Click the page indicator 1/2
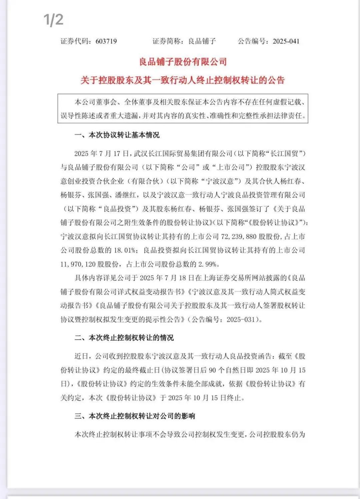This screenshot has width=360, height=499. [x=53, y=20]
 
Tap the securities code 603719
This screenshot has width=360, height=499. [x=106, y=41]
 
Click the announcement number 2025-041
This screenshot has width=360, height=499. [x=286, y=41]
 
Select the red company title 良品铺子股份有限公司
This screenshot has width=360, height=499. [x=183, y=62]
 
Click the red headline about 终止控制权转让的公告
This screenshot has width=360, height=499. [x=183, y=80]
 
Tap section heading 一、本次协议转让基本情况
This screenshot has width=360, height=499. [x=117, y=135]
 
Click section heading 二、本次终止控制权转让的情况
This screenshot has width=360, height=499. [x=124, y=338]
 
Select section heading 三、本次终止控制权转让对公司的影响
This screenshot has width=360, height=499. [x=135, y=416]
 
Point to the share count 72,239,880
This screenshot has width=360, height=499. [x=239, y=237]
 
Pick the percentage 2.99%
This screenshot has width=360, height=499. [x=209, y=264]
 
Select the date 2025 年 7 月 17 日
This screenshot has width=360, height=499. [x=102, y=153]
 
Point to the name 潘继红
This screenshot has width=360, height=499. [x=127, y=195]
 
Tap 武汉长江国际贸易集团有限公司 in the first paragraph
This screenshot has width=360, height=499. [x=183, y=153]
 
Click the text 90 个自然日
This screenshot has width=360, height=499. [x=227, y=370]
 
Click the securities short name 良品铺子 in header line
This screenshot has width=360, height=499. [x=202, y=41]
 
